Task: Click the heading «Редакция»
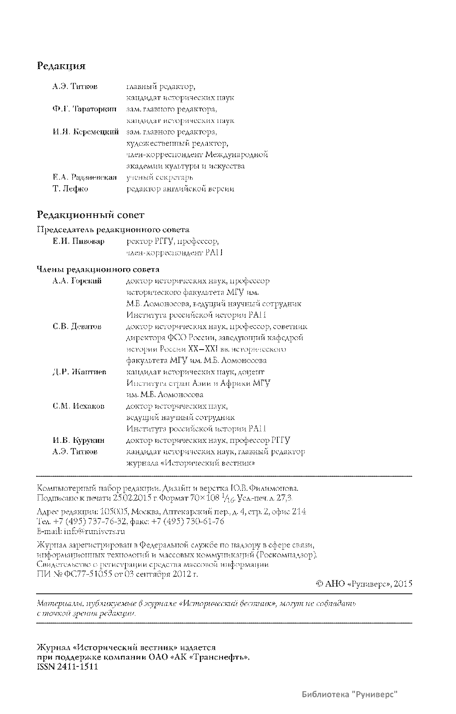(x=61, y=66)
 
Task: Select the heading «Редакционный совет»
(x=90, y=215)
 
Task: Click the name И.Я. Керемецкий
(x=85, y=132)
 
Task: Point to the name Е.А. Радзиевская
(x=84, y=177)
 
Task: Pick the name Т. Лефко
(x=70, y=189)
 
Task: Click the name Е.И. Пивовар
(x=78, y=242)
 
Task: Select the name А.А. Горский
(x=77, y=281)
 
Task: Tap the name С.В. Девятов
(x=77, y=326)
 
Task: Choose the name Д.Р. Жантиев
(x=79, y=372)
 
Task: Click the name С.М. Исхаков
(x=78, y=406)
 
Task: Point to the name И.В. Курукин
(x=79, y=440)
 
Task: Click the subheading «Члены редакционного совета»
(x=98, y=270)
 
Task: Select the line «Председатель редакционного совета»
(x=113, y=230)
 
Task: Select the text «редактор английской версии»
(x=180, y=189)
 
